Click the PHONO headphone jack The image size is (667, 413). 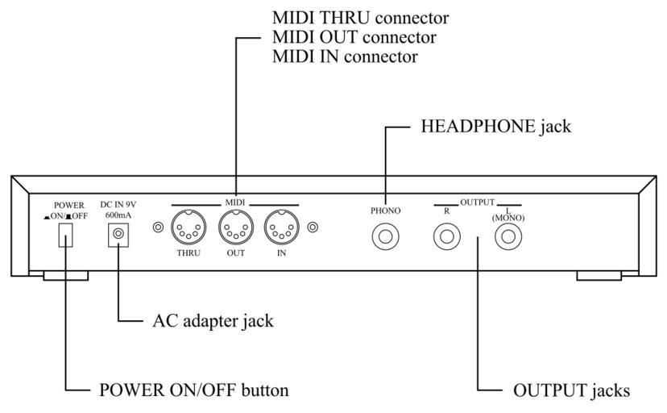click(385, 237)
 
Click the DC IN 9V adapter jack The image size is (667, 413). click(120, 234)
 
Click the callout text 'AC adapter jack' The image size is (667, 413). click(213, 320)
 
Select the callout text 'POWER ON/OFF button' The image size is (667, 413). click(193, 390)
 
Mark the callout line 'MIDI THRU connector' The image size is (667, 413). click(360, 18)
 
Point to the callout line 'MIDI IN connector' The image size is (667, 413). click(346, 56)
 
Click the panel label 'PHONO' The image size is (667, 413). click(385, 211)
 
